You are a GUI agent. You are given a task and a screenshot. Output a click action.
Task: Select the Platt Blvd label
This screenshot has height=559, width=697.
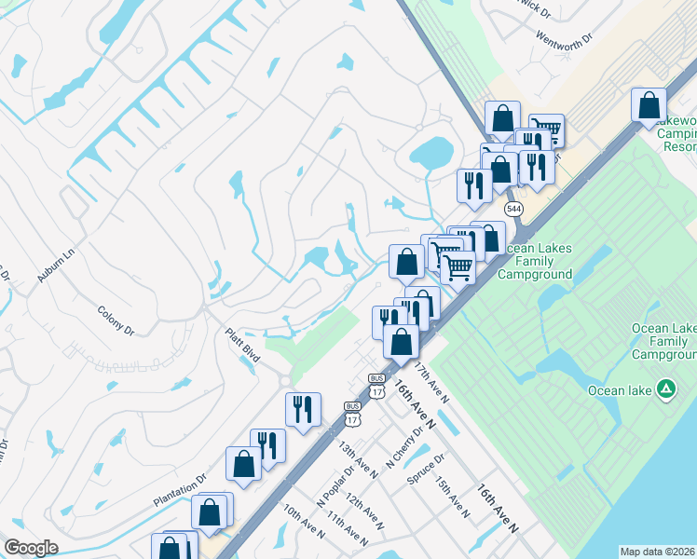243,347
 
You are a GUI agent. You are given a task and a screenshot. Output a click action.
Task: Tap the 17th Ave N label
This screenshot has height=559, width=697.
431,383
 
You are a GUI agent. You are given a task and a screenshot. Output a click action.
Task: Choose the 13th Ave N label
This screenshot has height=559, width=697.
358,460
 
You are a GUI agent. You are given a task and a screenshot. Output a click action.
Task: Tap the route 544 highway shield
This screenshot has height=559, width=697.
513,207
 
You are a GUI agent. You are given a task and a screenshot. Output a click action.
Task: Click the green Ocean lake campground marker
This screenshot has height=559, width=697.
665,388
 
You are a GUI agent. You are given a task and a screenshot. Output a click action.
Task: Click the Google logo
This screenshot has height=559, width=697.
31,548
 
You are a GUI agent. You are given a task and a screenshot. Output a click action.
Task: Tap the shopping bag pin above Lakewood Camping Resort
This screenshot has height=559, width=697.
649,106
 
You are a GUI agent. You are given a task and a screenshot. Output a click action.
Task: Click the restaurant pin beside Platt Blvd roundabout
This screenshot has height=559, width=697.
303,410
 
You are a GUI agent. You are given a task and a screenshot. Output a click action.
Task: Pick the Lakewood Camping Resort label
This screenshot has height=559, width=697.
676,134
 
